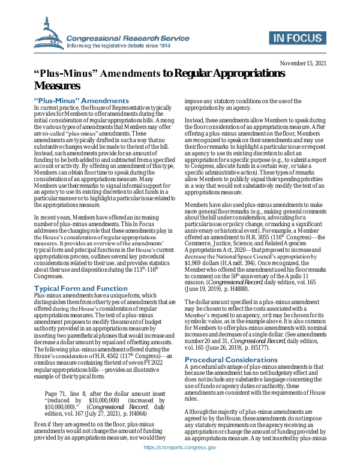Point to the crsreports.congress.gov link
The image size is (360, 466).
point(179,462)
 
